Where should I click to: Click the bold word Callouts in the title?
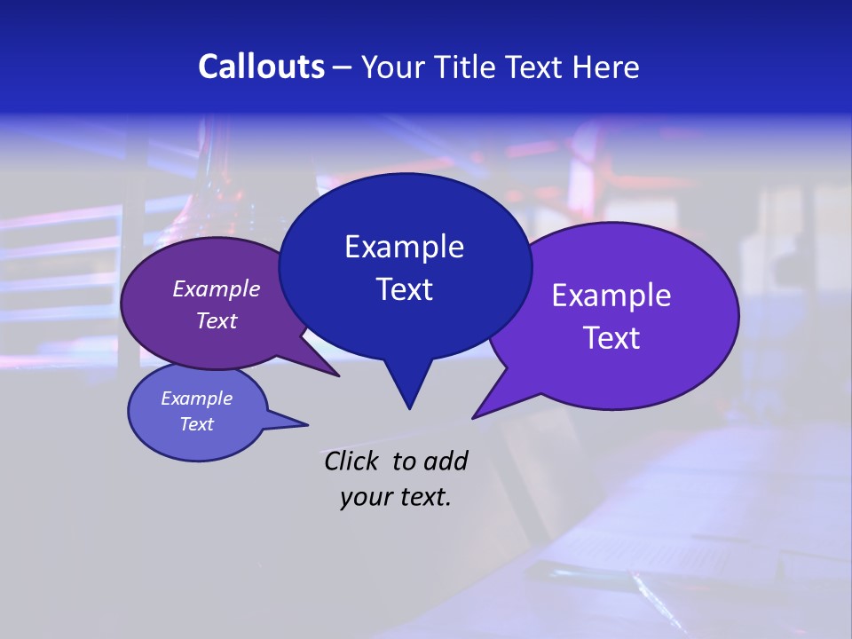pyautogui.click(x=261, y=67)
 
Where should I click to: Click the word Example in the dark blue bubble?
pyautogui.click(x=404, y=247)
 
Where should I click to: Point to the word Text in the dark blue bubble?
pyautogui.click(x=404, y=289)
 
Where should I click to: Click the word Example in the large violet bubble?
pyautogui.click(x=611, y=296)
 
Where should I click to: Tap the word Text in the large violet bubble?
pyautogui.click(x=611, y=338)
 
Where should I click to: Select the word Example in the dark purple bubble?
pyautogui.click(x=217, y=288)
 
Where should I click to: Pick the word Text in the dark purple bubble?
pyautogui.click(x=217, y=320)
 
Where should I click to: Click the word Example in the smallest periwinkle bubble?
pyautogui.click(x=196, y=398)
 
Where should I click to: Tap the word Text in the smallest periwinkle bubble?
pyautogui.click(x=196, y=424)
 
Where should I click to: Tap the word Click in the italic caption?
pyautogui.click(x=352, y=461)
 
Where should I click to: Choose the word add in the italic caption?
pyautogui.click(x=445, y=461)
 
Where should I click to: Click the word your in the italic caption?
pyautogui.click(x=366, y=497)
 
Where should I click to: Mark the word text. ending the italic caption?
pyautogui.click(x=424, y=497)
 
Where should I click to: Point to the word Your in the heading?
pyautogui.click(x=392, y=67)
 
